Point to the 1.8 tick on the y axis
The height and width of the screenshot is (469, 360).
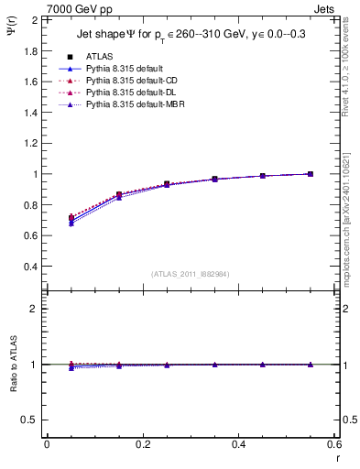tap(31, 50)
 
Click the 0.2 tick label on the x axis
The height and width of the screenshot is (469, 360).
tap(142, 444)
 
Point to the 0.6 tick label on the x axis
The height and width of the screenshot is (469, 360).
tap(333, 444)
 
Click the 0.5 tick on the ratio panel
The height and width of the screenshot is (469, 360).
tap(31, 420)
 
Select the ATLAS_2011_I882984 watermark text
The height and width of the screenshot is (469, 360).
tap(191, 274)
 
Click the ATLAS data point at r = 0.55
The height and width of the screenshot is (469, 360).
tap(311, 174)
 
